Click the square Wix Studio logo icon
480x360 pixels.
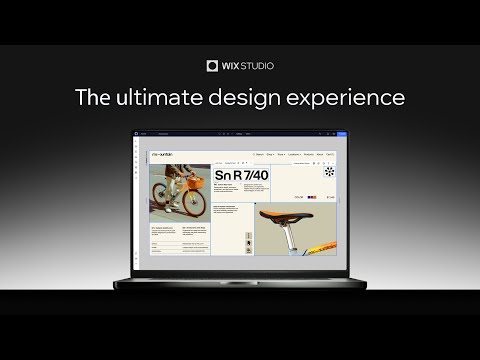coord(212,66)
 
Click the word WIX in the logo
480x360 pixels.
coord(231,66)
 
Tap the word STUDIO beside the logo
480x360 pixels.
coord(257,66)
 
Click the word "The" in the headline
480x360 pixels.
coord(96,98)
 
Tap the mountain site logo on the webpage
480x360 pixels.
coord(161,155)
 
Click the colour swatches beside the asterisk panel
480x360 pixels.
coord(312,198)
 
